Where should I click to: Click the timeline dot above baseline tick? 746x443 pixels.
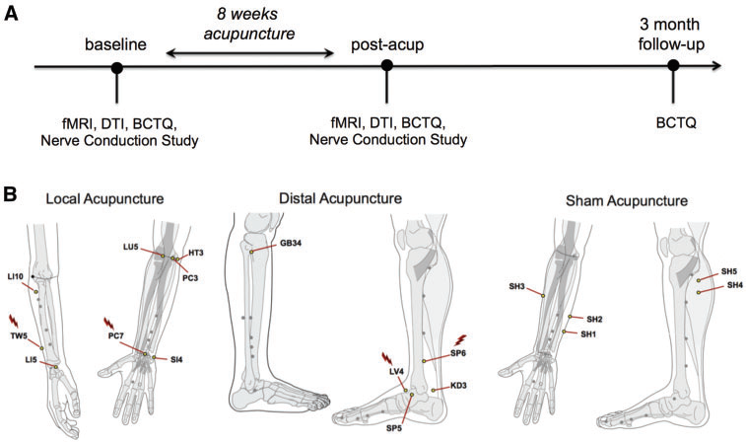[117, 68]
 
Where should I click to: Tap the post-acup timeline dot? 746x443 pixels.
[387, 67]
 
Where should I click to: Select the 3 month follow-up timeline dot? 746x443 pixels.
[673, 67]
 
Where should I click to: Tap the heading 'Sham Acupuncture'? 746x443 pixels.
[614, 201]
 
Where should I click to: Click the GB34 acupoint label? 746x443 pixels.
[290, 244]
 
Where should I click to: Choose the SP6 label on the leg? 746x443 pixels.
[459, 354]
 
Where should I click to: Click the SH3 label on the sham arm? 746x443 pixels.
[516, 287]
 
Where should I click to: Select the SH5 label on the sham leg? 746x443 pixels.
[729, 270]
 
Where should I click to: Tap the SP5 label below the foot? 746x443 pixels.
[394, 428]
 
